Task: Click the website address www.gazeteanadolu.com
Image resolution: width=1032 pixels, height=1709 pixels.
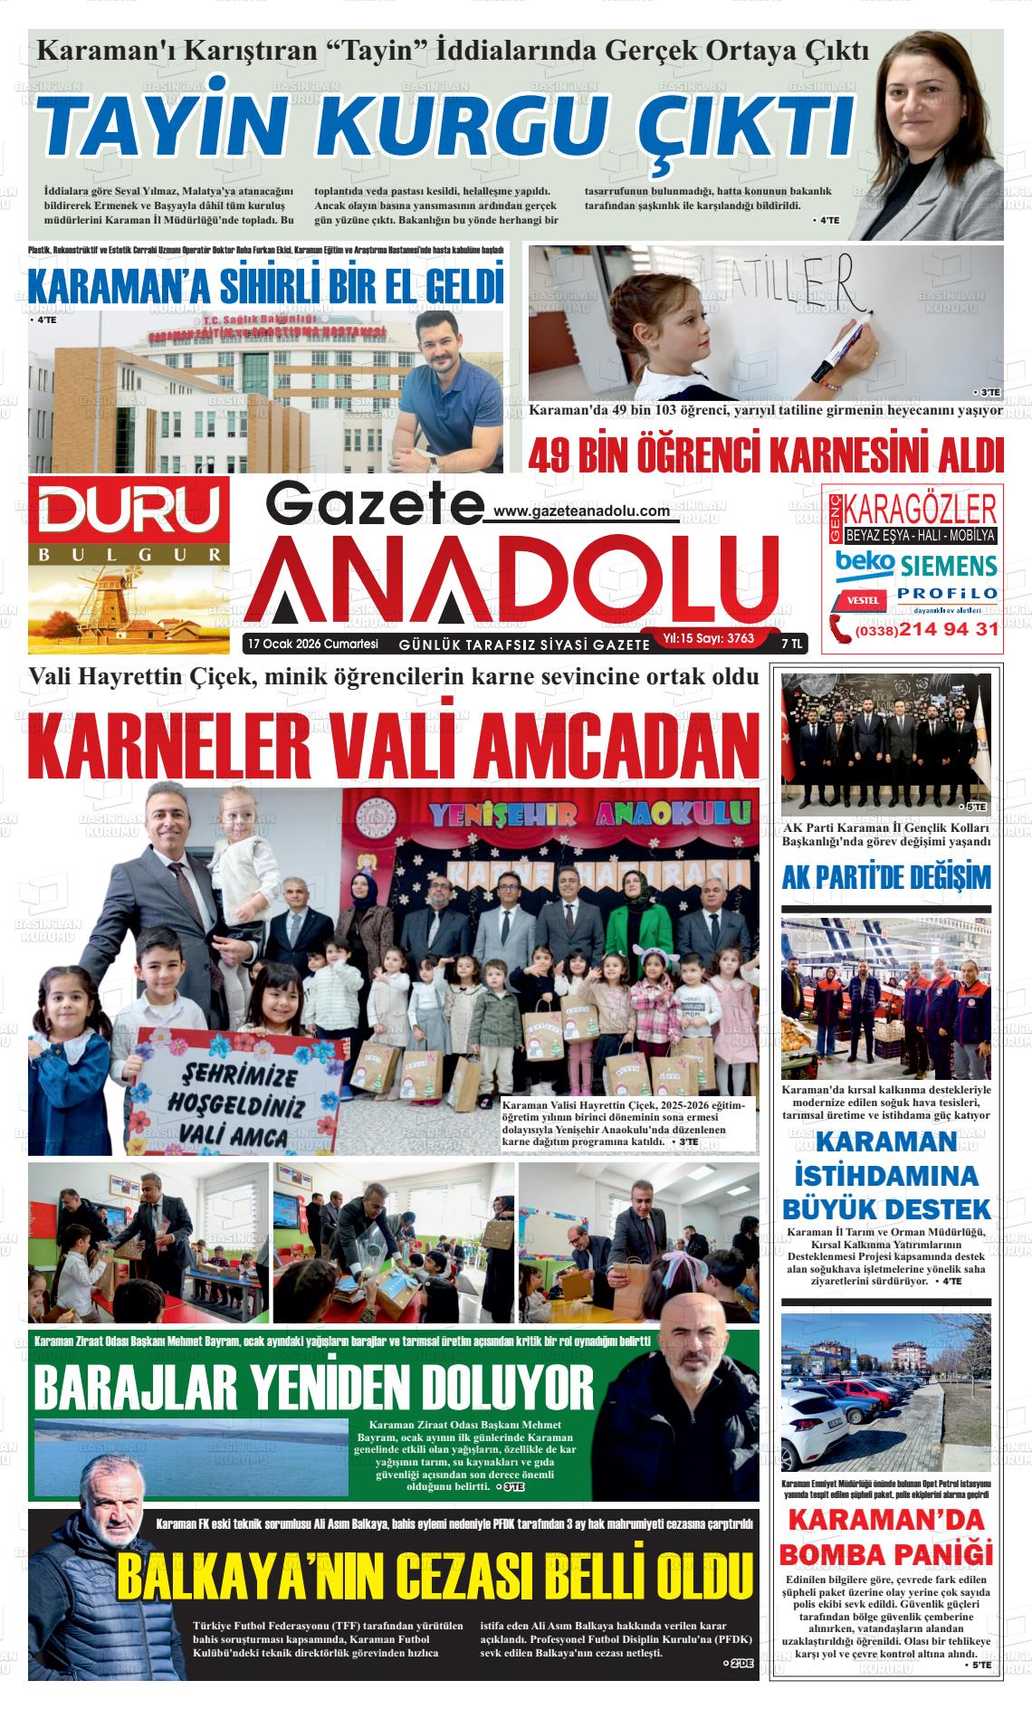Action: pos(583,512)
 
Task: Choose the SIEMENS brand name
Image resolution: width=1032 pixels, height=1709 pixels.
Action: pos(948,566)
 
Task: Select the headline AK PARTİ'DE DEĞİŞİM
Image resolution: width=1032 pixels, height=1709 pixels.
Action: pos(886,877)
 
